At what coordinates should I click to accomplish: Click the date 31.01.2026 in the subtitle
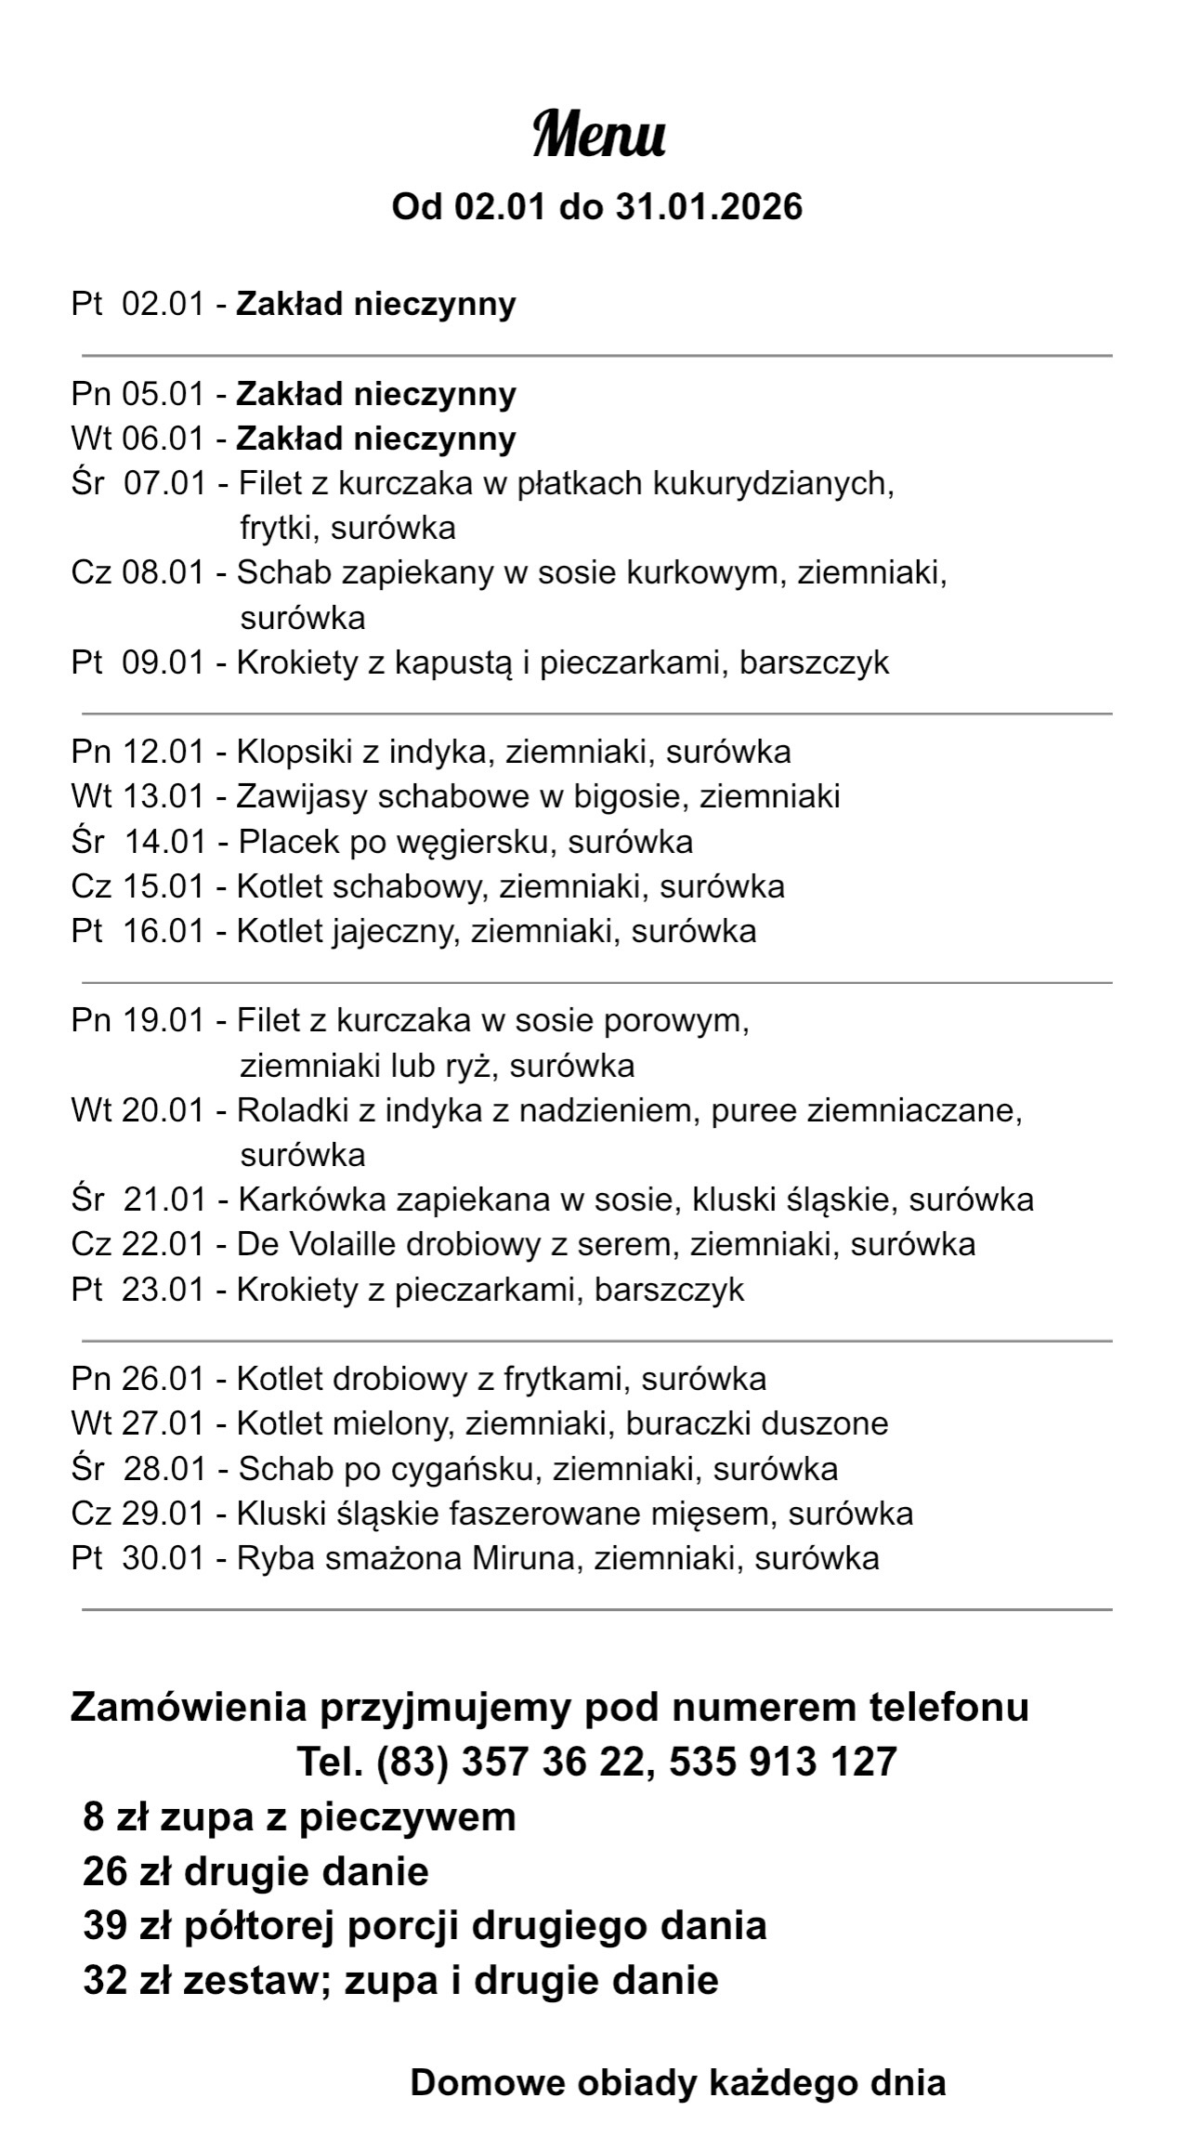[x=709, y=206]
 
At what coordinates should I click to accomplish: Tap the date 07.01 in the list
[x=164, y=483]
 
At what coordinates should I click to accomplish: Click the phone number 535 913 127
[x=782, y=1762]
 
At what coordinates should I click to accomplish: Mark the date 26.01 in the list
[x=163, y=1379]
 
